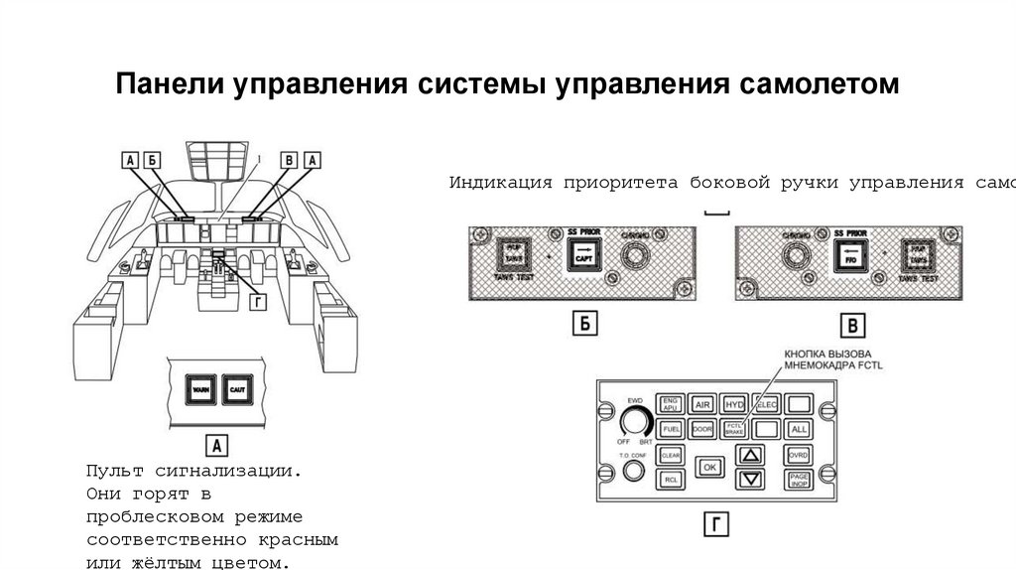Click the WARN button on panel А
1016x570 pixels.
pyautogui.click(x=199, y=389)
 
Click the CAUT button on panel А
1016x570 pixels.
pyautogui.click(x=237, y=389)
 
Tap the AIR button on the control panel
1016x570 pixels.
pyautogui.click(x=702, y=405)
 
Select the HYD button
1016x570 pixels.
pyautogui.click(x=734, y=405)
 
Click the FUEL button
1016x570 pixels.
pyautogui.click(x=671, y=430)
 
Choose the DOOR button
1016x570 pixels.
pyautogui.click(x=702, y=430)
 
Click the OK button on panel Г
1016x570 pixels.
pyautogui.click(x=708, y=466)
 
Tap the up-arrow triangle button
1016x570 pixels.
pyautogui.click(x=751, y=455)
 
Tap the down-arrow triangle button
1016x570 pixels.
pyautogui.click(x=751, y=480)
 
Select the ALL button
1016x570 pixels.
pyautogui.click(x=798, y=430)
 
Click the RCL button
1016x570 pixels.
pyautogui.click(x=671, y=480)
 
